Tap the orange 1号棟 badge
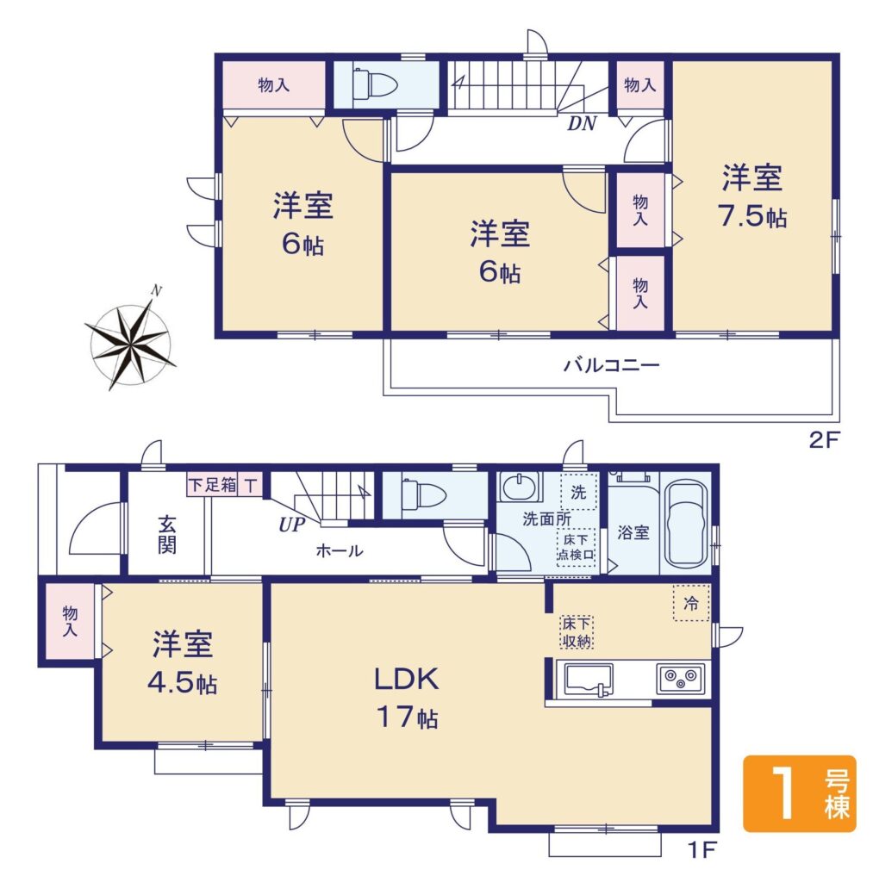(799, 793)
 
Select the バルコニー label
(611, 365)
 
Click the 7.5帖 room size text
(752, 215)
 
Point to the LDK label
(407, 679)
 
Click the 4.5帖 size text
(183, 683)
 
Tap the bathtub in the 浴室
(686, 525)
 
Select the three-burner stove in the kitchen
(680, 678)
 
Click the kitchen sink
(589, 680)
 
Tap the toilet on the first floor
(423, 495)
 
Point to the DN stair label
(582, 123)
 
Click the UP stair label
(292, 525)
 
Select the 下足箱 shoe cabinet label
(212, 485)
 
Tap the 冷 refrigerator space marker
(691, 603)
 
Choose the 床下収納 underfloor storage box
(577, 632)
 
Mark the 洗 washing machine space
(578, 493)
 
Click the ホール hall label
(340, 550)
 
